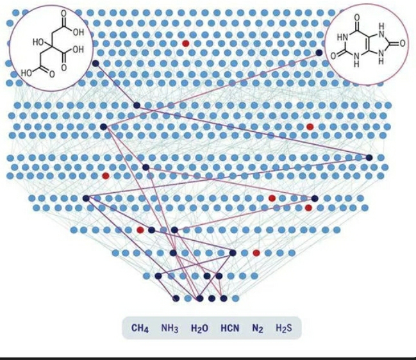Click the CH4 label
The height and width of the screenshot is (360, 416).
click(x=140, y=329)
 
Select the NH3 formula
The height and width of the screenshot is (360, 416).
click(x=169, y=329)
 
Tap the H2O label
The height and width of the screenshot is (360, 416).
click(x=199, y=329)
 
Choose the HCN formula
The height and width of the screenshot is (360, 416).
click(x=229, y=329)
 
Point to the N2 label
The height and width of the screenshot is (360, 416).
click(x=258, y=329)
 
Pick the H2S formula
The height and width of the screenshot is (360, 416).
click(x=283, y=329)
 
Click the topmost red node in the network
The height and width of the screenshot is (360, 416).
click(x=185, y=43)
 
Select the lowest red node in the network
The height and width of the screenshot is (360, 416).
click(x=256, y=253)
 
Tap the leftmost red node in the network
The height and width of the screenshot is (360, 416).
click(x=106, y=176)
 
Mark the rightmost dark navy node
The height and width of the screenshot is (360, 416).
click(x=369, y=157)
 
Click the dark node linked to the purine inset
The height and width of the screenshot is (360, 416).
click(x=319, y=53)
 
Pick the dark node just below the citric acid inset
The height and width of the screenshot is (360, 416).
click(x=96, y=64)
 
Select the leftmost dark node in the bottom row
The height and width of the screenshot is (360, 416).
click(x=176, y=298)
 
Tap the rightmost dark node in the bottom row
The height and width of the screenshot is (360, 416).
click(x=223, y=298)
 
